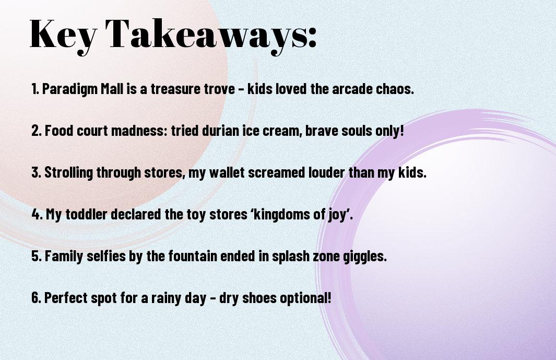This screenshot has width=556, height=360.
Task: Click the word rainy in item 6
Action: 166,298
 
